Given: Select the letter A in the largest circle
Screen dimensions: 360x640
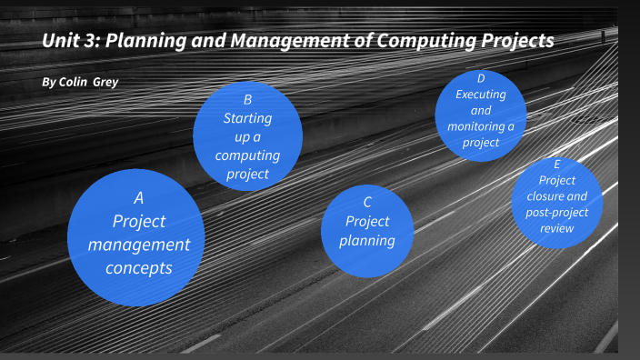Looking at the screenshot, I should pyautogui.click(x=138, y=197).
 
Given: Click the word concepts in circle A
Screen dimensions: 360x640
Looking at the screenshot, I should pyautogui.click(x=138, y=267).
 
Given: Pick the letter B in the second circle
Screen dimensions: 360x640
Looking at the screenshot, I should pyautogui.click(x=247, y=100).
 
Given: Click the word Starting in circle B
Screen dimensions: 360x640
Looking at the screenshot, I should pyautogui.click(x=247, y=117).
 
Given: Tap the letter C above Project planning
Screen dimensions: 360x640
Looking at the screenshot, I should pyautogui.click(x=366, y=202).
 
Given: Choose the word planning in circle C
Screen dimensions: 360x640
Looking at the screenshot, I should pyautogui.click(x=366, y=241).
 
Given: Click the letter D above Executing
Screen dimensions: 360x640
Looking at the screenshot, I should pyautogui.click(x=481, y=77).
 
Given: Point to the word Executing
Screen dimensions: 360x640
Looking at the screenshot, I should pyautogui.click(x=481, y=94).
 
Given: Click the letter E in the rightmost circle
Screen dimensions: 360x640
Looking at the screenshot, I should pyautogui.click(x=556, y=165).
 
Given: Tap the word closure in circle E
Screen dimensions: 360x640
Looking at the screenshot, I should pyautogui.click(x=556, y=195).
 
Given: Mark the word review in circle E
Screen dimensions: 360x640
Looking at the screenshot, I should pyautogui.click(x=556, y=228).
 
